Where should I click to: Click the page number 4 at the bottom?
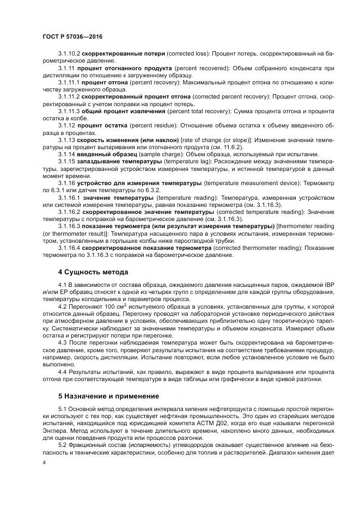[x=44, y=462]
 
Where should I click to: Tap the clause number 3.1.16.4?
[x=69, y=248]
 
